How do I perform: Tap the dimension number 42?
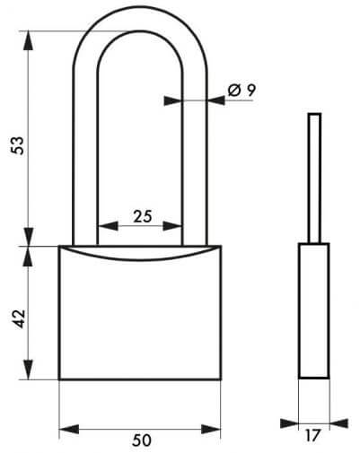pos(20,318)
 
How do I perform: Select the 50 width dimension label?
pos(142,440)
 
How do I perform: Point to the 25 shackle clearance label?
pos(143,216)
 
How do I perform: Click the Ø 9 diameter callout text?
pos(241,90)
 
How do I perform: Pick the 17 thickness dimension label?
pos(312,435)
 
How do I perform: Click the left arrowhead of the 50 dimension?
pos(69,430)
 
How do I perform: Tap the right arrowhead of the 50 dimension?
pos(211,430)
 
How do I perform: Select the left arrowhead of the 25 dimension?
pos(108,226)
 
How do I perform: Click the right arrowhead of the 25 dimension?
pos(172,226)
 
